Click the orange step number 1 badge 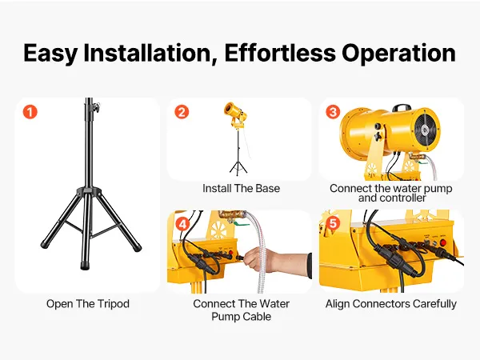(x=30, y=112)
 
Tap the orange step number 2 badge (x=182, y=112)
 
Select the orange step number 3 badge (x=333, y=112)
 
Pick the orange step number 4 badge (x=182, y=224)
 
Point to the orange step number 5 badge (x=333, y=223)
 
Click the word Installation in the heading (x=150, y=54)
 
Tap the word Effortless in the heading (x=280, y=53)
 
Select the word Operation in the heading (x=398, y=54)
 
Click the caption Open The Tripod (x=88, y=304)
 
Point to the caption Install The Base (x=242, y=188)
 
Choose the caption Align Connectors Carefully (x=391, y=304)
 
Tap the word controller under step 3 (x=392, y=198)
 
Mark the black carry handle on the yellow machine (x=402, y=108)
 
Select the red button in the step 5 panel (x=443, y=244)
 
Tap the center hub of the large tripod (x=89, y=192)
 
